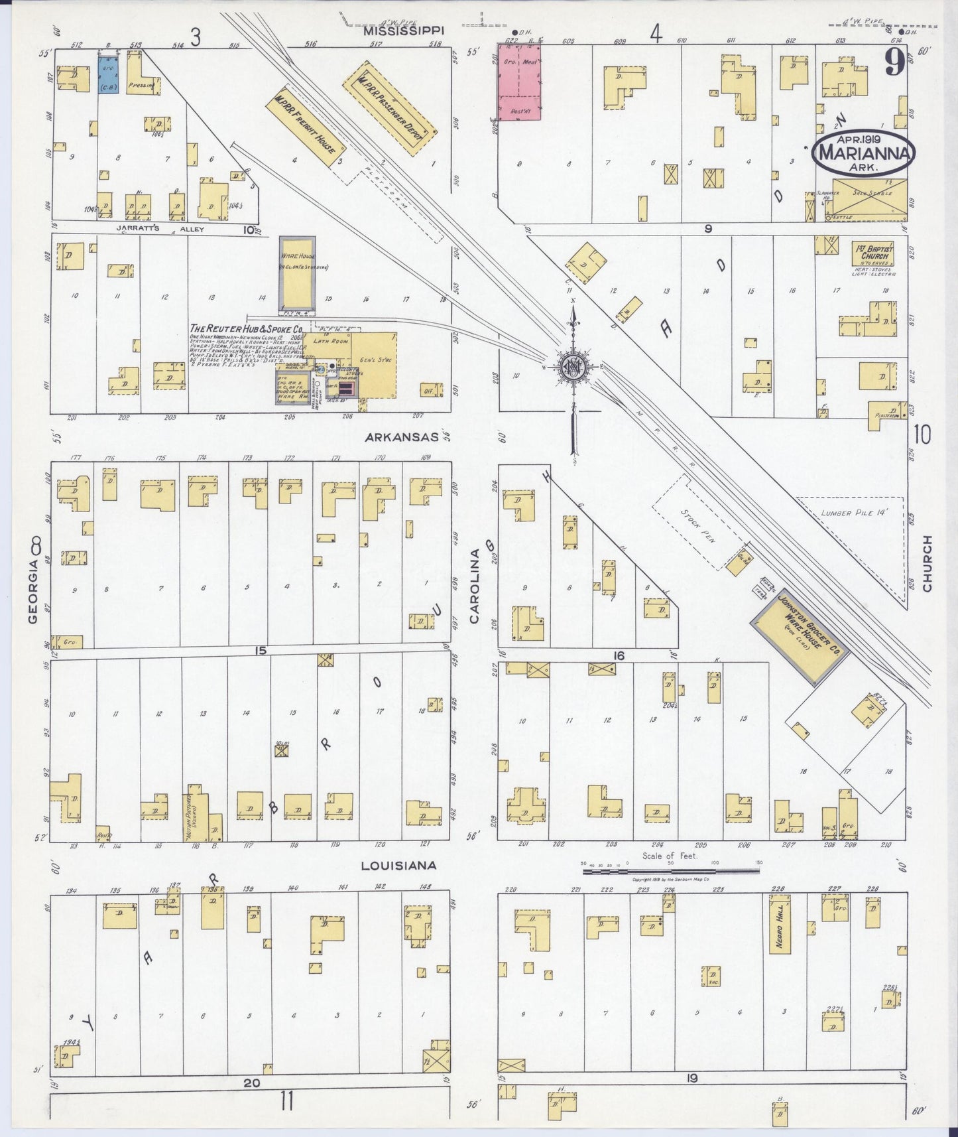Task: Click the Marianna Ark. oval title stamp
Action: click(x=864, y=153)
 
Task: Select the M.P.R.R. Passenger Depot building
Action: click(x=389, y=109)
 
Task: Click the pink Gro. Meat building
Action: click(x=519, y=81)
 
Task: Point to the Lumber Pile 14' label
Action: click(x=853, y=512)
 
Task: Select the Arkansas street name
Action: click(x=401, y=437)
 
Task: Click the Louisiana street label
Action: click(x=398, y=865)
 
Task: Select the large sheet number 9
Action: click(x=895, y=63)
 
